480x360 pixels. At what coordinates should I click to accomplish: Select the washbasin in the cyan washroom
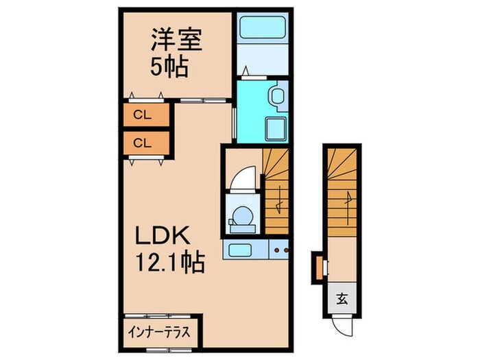tap(277, 97)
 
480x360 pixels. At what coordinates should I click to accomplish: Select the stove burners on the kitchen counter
tap(279, 250)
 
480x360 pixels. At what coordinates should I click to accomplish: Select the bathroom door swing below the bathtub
tap(248, 71)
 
